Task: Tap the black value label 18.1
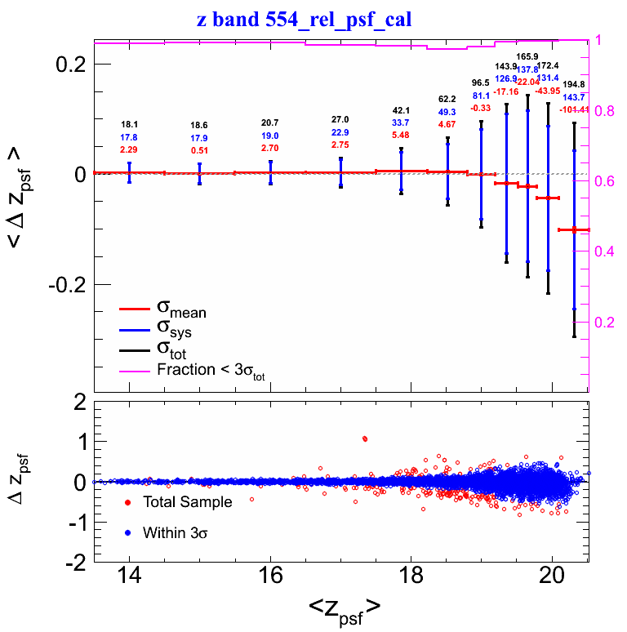129,125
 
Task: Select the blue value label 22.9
340,132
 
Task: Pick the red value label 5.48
401,135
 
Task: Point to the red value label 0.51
199,150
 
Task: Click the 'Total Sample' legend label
187,502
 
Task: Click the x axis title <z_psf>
344,608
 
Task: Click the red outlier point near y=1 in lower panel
364,438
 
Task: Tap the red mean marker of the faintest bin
574,230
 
